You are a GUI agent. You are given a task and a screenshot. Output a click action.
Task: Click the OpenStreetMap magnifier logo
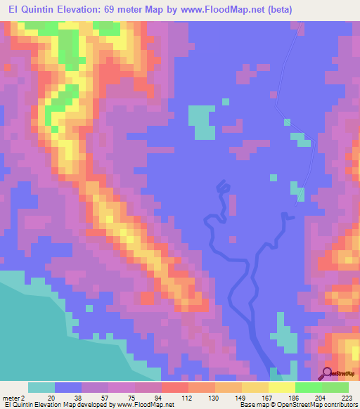[328, 373]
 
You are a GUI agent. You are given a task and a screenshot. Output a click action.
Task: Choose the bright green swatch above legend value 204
[308, 387]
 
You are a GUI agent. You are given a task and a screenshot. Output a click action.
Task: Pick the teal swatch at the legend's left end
[41, 387]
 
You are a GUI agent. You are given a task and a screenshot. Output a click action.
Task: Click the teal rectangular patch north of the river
[203, 121]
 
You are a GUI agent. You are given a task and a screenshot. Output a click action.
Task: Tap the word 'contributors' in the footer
[338, 405]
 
